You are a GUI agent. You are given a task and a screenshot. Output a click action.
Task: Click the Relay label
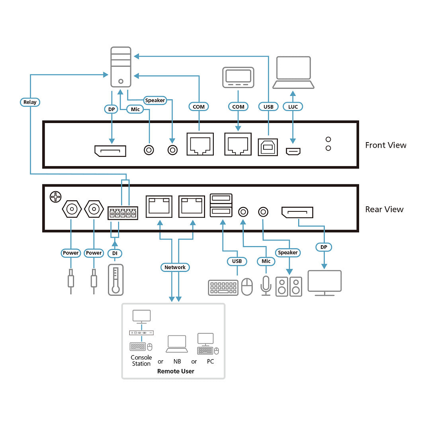(x=30, y=102)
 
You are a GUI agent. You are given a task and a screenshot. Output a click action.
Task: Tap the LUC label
(x=293, y=107)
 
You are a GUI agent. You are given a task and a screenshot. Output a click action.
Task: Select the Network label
(x=175, y=267)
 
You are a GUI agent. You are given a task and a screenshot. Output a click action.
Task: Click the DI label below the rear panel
(x=115, y=253)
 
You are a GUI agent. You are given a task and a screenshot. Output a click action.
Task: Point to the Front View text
(x=385, y=145)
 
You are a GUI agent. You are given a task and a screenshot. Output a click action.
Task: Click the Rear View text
(x=384, y=209)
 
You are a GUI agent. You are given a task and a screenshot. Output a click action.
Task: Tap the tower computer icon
(x=121, y=67)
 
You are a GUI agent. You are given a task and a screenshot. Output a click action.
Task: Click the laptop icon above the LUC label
(x=293, y=72)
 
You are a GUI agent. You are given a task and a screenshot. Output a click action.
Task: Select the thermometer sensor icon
(x=116, y=280)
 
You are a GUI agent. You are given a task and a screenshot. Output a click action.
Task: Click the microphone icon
(x=266, y=286)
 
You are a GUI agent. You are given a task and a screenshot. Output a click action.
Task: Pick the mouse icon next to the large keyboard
(x=247, y=287)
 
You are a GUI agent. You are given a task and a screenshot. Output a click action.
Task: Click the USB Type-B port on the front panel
(x=268, y=147)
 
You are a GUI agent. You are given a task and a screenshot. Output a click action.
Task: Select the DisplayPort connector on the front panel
(x=110, y=151)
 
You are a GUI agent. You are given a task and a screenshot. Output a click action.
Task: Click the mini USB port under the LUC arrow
(x=293, y=151)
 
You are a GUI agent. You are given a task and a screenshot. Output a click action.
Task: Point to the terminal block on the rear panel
(x=123, y=213)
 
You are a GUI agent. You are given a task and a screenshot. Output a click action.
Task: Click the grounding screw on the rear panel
(x=56, y=197)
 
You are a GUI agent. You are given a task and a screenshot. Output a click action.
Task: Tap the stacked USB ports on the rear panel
(x=221, y=205)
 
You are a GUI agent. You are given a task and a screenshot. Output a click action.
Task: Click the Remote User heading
(x=176, y=371)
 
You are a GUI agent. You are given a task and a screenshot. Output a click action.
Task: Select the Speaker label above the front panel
(x=155, y=100)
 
